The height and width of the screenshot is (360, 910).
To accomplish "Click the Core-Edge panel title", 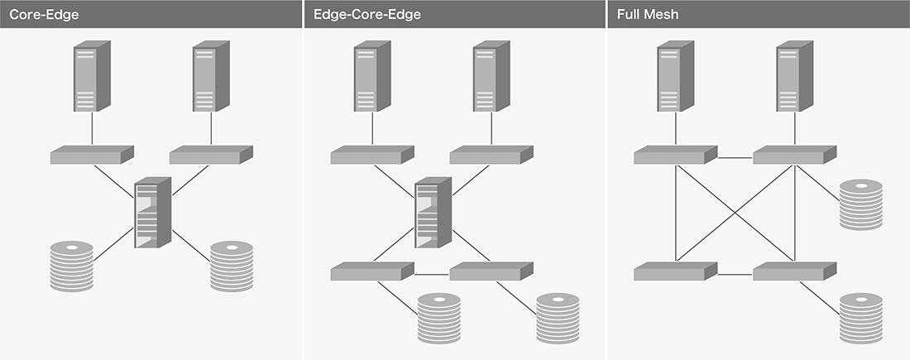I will pyautogui.click(x=44, y=14).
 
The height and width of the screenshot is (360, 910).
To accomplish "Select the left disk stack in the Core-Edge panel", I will pyautogui.click(x=71, y=266).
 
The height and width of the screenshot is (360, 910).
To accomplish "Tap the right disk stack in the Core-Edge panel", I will pyautogui.click(x=231, y=266).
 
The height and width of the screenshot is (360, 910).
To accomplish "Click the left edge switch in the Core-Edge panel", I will pyautogui.click(x=91, y=155).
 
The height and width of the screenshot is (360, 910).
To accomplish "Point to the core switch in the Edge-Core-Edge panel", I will pyautogui.click(x=432, y=213).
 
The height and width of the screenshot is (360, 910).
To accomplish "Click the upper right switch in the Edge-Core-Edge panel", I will pyautogui.click(x=491, y=155).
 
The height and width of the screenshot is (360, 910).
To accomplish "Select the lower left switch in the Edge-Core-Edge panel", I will pyautogui.click(x=371, y=271).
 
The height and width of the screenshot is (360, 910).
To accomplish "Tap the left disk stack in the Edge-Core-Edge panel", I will pyautogui.click(x=438, y=318).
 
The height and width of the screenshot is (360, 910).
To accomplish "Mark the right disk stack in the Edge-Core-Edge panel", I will pyautogui.click(x=558, y=318).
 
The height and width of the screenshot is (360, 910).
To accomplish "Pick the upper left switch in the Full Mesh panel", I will pyautogui.click(x=675, y=155).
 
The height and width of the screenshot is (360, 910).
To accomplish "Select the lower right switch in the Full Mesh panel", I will pyautogui.click(x=794, y=271).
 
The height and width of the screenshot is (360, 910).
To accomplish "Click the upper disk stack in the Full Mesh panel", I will pyautogui.click(x=861, y=202).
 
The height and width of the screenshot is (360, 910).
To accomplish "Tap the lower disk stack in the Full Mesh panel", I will pyautogui.click(x=861, y=318).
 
